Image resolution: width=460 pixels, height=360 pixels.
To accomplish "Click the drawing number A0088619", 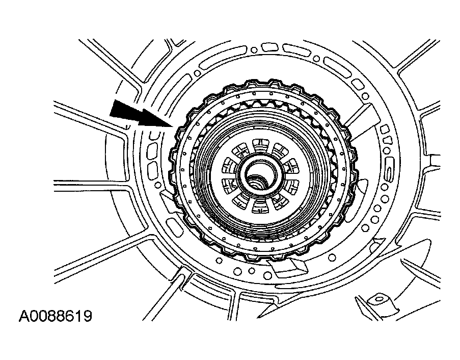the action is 56,317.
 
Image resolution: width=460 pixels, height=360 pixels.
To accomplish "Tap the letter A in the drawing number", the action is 24,317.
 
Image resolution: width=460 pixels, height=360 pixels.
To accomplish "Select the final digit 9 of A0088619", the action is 88,317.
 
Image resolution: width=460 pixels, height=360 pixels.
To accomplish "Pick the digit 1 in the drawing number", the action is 79,317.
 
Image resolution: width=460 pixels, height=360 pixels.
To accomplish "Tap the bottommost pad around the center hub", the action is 260,207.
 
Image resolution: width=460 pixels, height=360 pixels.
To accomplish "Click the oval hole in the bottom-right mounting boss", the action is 380,299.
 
